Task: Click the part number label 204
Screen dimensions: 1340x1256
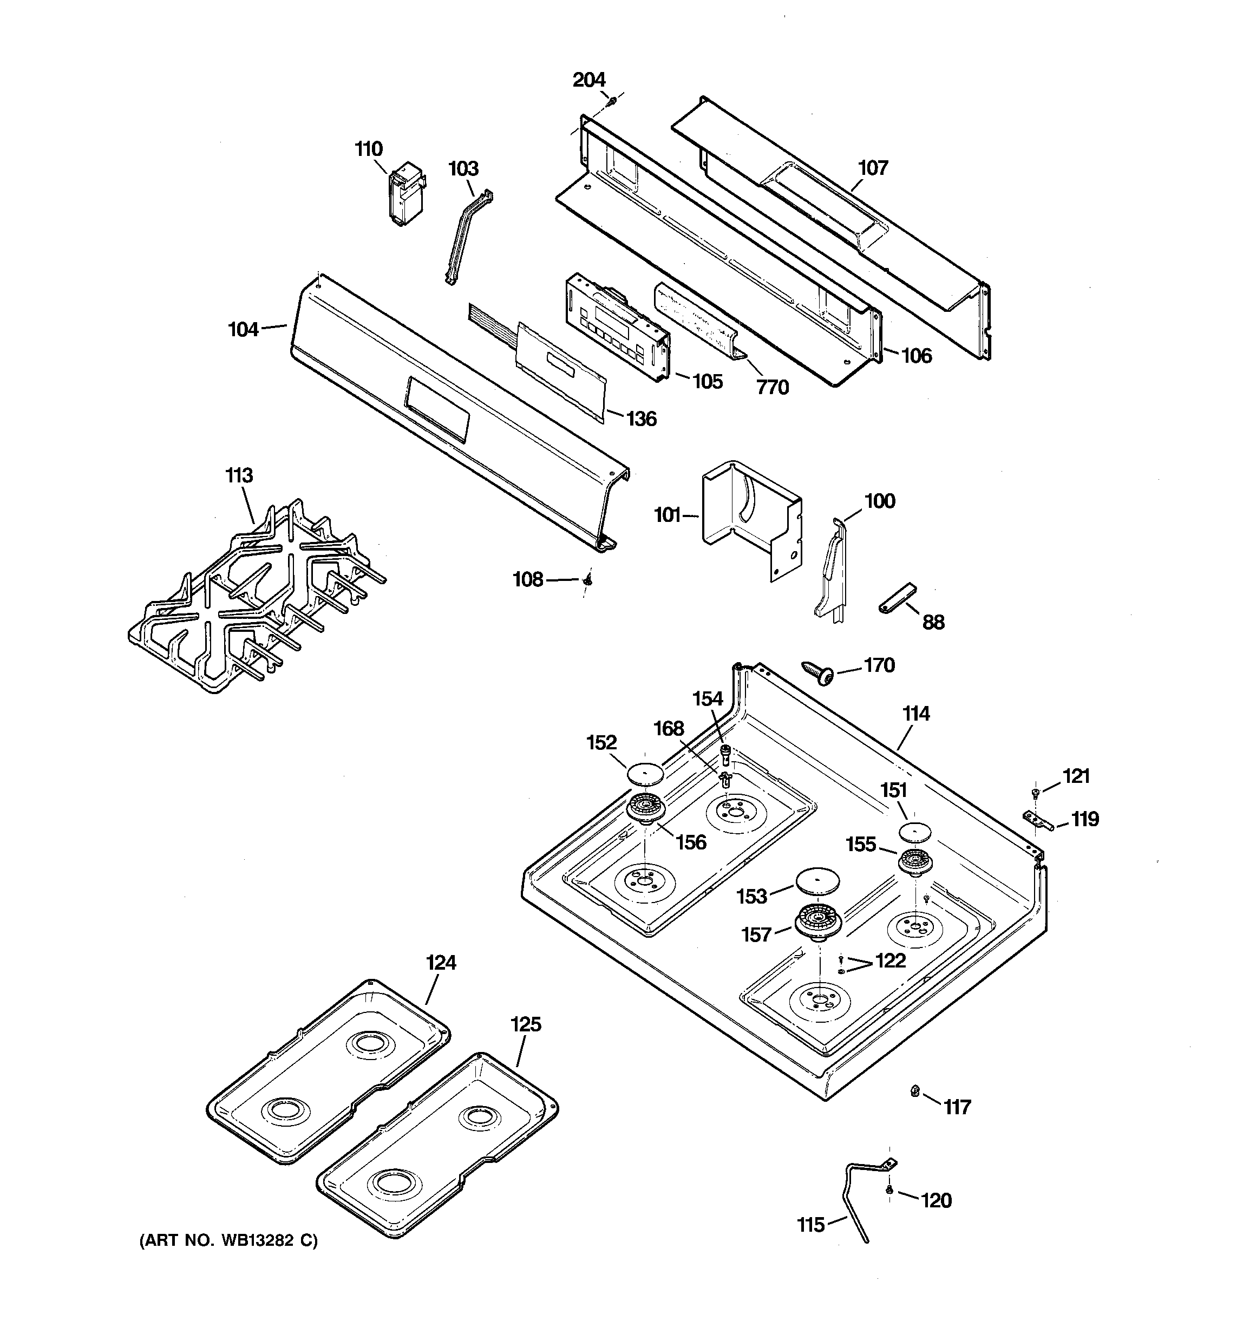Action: [588, 80]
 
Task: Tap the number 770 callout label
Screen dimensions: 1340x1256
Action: [772, 388]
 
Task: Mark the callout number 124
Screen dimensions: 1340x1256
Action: [441, 963]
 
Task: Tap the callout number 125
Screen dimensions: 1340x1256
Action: [525, 1024]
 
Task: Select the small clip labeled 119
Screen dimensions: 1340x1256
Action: [1035, 820]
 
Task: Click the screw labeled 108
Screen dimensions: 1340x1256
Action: [587, 580]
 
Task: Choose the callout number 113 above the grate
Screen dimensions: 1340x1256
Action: [239, 475]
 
